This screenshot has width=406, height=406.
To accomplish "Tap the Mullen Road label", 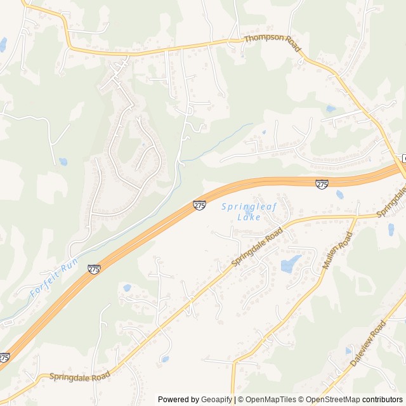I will (x=337, y=251).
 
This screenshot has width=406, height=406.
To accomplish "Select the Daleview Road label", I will (x=368, y=344).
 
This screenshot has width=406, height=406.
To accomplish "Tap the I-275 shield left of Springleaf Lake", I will (x=199, y=205).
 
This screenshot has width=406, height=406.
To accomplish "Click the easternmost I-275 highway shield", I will (x=322, y=184).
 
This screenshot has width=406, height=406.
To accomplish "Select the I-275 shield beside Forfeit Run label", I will (x=94, y=269).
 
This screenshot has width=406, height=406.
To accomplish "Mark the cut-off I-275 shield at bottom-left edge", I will (x=4, y=358).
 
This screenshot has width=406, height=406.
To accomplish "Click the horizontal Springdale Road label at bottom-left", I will (x=80, y=376).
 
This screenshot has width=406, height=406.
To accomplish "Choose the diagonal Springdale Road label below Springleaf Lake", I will (x=256, y=247).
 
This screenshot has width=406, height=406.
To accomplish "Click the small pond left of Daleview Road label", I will (x=348, y=350).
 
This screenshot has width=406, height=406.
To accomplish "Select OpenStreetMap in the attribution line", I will (x=334, y=400).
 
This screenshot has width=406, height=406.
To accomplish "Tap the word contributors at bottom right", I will (x=383, y=400).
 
